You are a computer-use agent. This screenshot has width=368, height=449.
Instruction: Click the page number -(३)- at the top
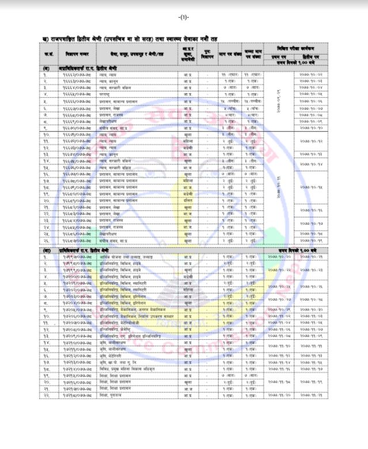tap(184, 17)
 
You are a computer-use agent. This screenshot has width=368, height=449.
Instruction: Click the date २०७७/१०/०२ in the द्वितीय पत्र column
tap(312, 76)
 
